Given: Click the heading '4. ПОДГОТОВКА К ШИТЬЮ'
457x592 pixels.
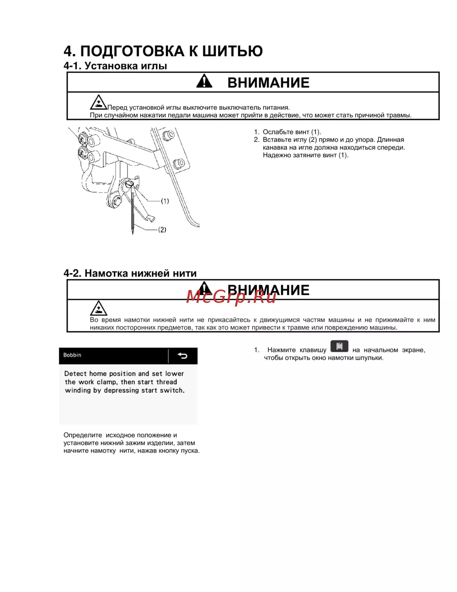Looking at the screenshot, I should (163, 51).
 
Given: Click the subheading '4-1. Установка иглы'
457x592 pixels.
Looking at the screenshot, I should (115, 66).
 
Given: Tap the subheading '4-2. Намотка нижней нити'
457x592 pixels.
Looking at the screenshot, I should (130, 274).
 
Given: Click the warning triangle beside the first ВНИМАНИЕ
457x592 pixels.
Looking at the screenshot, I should (204, 81).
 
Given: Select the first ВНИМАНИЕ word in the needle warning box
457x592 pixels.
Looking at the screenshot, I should (268, 83).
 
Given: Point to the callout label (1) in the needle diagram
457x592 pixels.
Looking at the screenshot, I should (165, 201).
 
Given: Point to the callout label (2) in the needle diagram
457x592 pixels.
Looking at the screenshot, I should (162, 230).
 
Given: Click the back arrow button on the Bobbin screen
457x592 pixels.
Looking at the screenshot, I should (182, 356).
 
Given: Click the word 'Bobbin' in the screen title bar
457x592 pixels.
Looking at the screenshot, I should (72, 355).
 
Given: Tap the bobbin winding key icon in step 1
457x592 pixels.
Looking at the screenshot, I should (339, 347).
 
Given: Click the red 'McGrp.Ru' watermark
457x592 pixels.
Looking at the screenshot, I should (231, 297).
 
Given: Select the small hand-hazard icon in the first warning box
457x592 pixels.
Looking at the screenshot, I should (98, 102).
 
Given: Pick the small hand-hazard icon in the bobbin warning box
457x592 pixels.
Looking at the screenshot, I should (98, 308).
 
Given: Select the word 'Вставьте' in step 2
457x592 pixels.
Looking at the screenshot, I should (277, 140).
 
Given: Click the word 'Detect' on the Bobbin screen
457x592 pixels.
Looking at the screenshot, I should (75, 374).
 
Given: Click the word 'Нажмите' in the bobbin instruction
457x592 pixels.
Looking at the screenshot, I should (282, 350).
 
